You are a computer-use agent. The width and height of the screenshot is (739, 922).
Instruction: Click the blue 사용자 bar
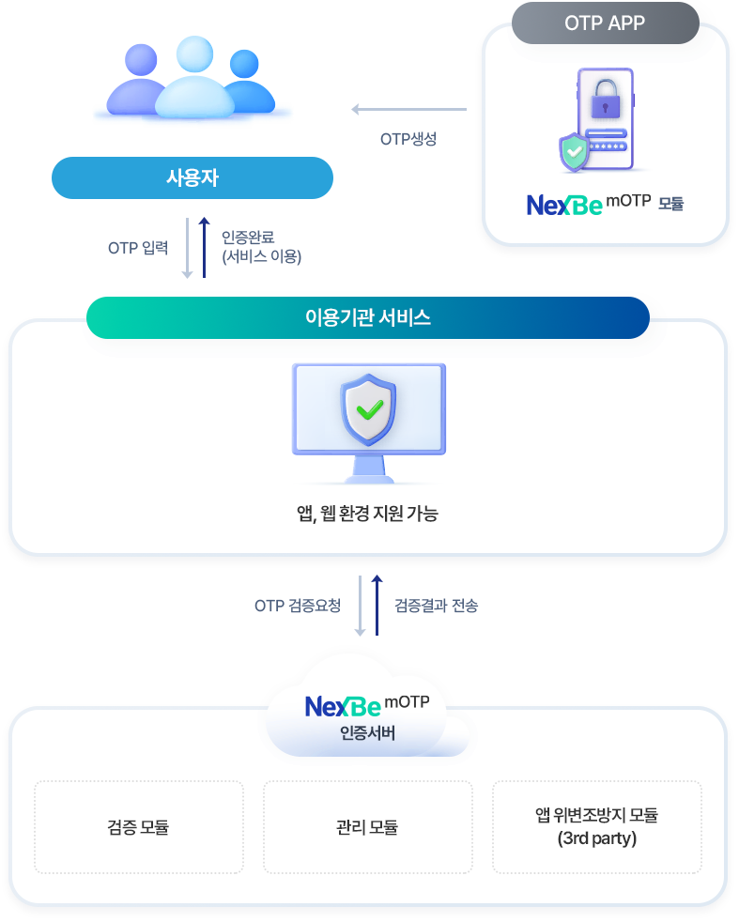[192, 177]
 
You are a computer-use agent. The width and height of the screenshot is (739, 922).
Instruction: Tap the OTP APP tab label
[605, 23]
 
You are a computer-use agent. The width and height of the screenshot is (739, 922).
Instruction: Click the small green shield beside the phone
[573, 152]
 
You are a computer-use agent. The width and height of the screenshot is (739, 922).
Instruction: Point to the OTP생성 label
[408, 139]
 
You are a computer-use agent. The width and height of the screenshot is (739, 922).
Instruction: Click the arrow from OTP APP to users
[408, 110]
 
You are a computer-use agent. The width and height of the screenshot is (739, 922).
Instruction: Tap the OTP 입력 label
[138, 248]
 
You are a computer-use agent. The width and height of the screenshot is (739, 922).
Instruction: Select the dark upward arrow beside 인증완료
[204, 248]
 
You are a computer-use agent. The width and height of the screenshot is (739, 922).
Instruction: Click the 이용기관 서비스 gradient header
[367, 317]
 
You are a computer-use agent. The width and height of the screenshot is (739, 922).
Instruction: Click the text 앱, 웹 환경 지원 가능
[367, 514]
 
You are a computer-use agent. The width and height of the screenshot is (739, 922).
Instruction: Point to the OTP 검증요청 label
[298, 606]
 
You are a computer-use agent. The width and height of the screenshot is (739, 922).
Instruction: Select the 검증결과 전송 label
[436, 606]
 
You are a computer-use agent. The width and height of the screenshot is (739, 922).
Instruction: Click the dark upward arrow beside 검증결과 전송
[377, 605]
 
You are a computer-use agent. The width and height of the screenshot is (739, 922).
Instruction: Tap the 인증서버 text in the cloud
[367, 732]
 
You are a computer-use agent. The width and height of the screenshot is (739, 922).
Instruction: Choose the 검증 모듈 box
[138, 827]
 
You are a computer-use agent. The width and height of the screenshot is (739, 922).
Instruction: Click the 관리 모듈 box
[367, 827]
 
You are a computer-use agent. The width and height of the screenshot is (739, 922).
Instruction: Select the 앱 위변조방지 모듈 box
[597, 827]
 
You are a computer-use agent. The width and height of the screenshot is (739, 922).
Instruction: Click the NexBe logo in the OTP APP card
[563, 205]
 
